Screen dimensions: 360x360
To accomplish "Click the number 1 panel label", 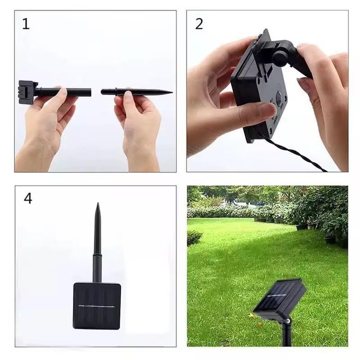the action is tap(25, 24).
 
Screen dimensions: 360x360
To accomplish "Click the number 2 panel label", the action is tap(199, 24).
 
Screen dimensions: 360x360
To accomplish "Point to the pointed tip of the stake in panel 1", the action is tap(172, 92).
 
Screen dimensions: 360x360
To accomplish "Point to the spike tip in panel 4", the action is tap(97, 203).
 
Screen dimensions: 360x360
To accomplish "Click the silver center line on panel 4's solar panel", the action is tap(96, 306).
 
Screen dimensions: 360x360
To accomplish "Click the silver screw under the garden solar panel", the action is tap(287, 319).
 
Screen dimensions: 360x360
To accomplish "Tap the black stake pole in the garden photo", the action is tap(286, 333).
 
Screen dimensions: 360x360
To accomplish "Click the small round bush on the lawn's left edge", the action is tap(194, 237).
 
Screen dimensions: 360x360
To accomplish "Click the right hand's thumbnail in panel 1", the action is tap(128, 94).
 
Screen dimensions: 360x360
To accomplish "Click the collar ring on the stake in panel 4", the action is tap(97, 255).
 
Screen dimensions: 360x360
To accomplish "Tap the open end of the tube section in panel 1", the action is tap(90, 92).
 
